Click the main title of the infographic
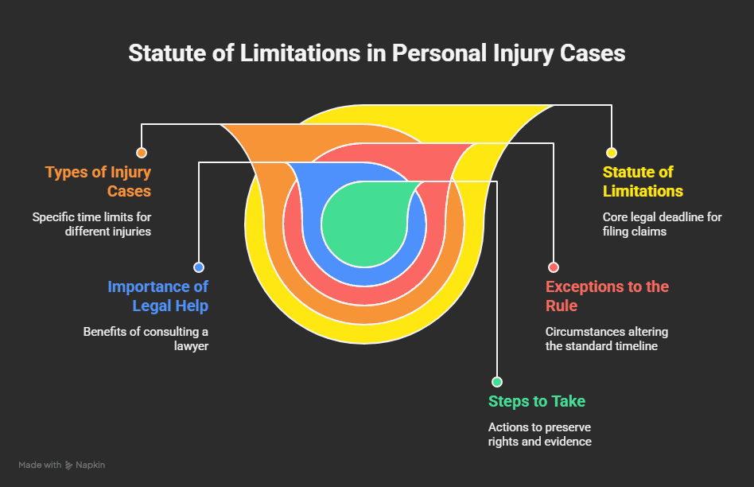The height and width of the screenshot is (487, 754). coord(377,53)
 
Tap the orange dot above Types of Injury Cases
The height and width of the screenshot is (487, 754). coord(142,153)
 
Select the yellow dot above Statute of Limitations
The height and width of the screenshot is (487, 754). coord(611,153)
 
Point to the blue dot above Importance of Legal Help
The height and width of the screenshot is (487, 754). coord(199,267)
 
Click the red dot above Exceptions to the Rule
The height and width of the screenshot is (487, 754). coord(554,267)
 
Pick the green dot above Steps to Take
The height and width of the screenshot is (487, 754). coord(497,382)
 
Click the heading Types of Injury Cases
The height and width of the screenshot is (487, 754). coord(98,181)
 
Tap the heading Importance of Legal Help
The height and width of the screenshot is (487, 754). coord(157,296)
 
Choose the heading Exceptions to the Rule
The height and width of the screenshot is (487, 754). coord(607,296)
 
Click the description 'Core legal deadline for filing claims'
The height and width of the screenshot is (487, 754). coord(662,224)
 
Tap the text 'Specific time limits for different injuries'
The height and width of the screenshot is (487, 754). coord(91,224)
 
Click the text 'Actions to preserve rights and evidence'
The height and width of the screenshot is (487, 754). coord(539,434)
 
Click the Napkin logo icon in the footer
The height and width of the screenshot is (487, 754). coord(69,465)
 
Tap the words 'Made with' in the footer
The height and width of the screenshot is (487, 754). coord(40,465)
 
